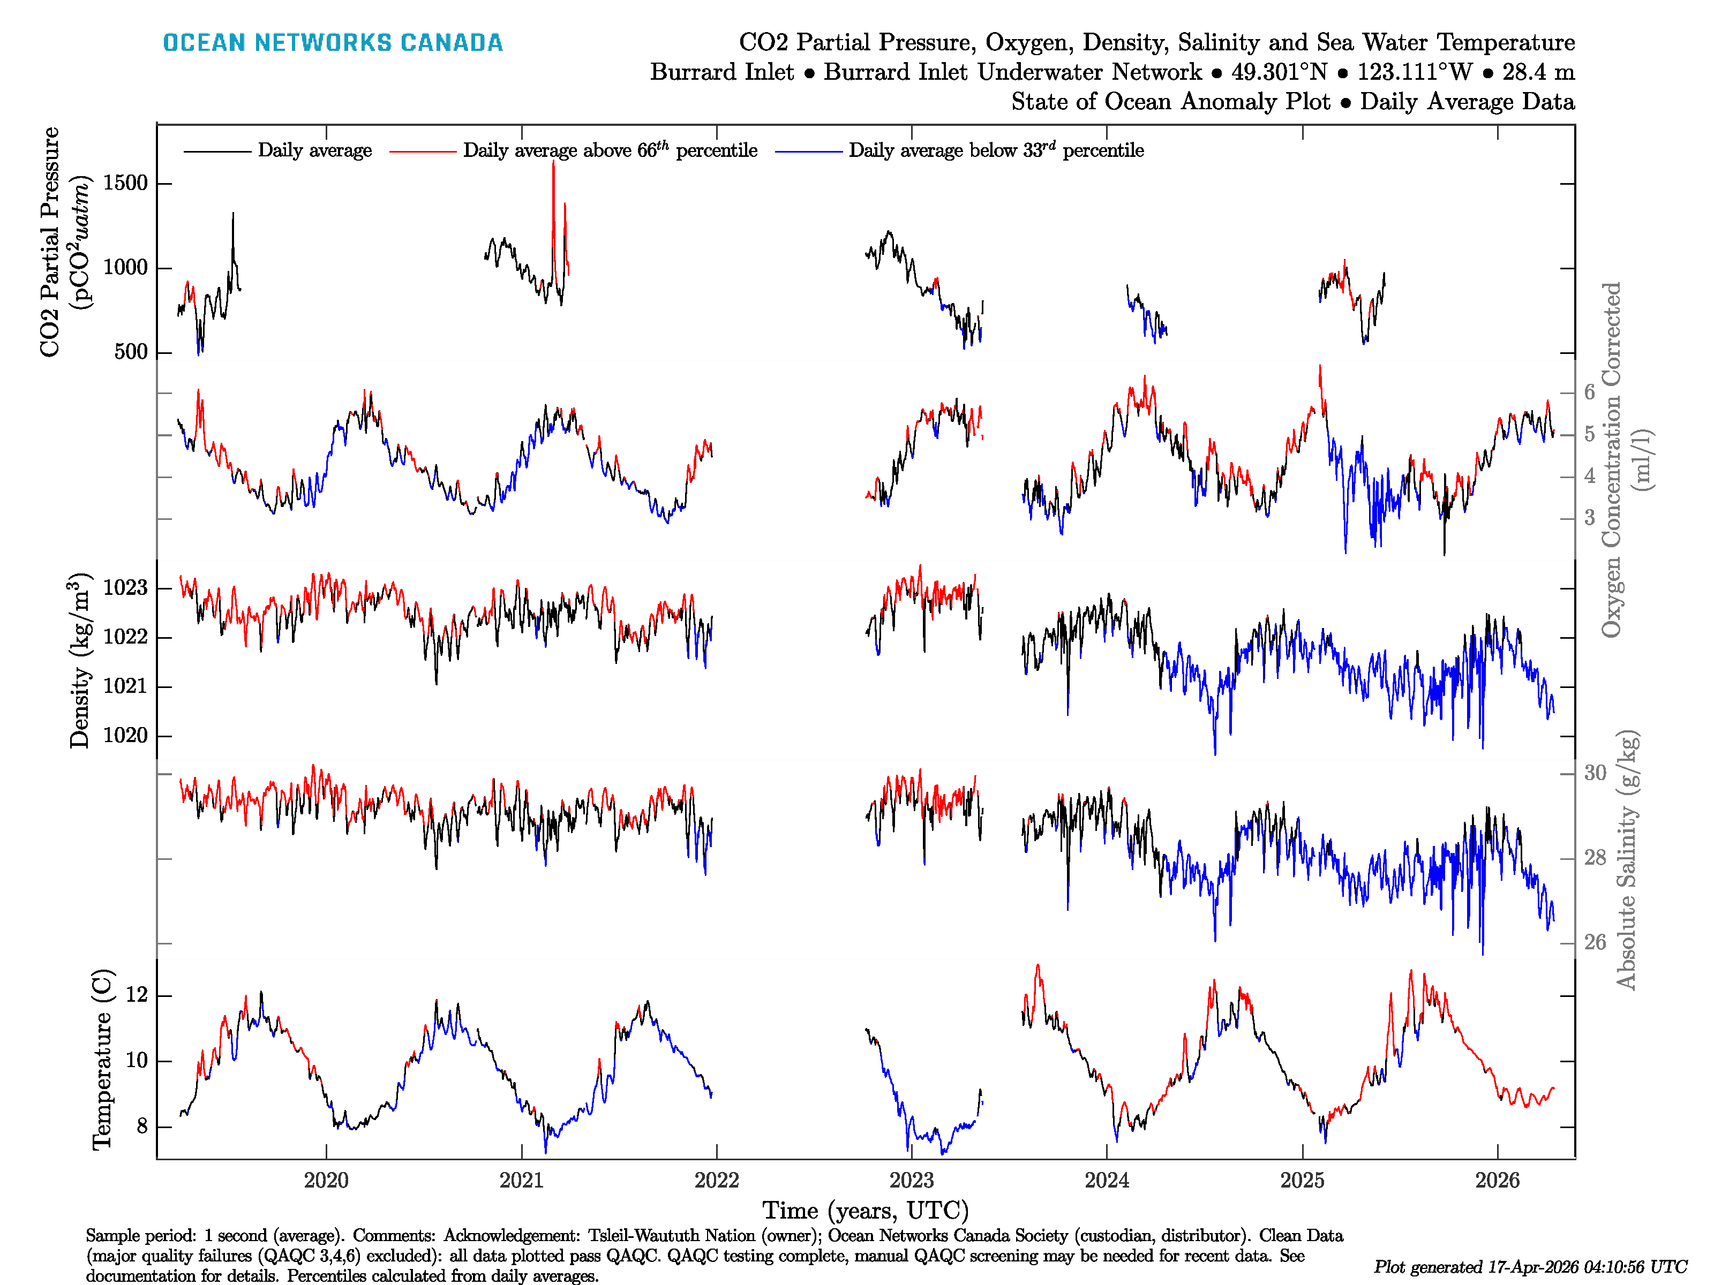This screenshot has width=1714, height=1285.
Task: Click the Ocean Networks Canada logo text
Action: coord(333,43)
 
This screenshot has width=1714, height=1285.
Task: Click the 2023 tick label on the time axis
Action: coord(911,1181)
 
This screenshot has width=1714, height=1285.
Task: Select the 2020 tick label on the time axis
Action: coord(326,1181)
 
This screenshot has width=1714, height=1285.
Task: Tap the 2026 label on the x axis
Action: coord(1497,1181)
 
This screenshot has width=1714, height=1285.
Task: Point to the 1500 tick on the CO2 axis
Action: coord(125,184)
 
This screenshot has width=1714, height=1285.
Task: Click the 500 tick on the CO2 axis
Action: coord(130,352)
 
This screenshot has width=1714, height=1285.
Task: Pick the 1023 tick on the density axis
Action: coord(125,588)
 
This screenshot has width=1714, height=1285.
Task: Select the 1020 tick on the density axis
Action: coord(125,735)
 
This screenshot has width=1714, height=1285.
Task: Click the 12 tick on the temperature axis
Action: coord(137,995)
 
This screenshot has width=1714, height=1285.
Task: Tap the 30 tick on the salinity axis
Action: coord(1595,773)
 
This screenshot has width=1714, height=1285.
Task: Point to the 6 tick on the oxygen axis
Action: coord(1589,392)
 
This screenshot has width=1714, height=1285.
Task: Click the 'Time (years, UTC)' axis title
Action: coord(866,1210)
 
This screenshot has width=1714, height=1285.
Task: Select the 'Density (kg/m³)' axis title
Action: coord(80,661)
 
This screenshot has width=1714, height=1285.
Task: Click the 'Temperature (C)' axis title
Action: coord(102,1059)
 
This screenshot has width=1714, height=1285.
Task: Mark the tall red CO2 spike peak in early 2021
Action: coord(553,163)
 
